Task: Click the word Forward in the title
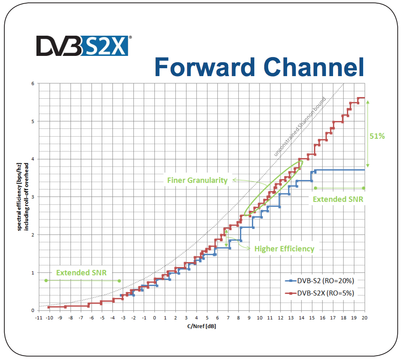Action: tap(205, 67)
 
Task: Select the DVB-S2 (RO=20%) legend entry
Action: tap(320, 281)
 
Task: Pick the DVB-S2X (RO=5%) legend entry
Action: tap(320, 293)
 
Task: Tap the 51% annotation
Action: tap(377, 136)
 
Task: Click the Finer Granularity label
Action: tap(197, 180)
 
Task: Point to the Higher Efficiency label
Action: tap(284, 249)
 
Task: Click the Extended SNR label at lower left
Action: tap(81, 272)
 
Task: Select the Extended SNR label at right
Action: tap(338, 199)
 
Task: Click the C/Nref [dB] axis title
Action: tap(202, 326)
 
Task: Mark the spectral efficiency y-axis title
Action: tap(23, 197)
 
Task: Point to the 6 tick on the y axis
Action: tap(33, 84)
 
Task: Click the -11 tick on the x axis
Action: tap(39, 318)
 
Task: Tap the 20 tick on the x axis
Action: tap(364, 318)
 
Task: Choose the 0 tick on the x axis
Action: tap(154, 318)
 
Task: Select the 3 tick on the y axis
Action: tap(33, 197)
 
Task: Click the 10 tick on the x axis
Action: tap(259, 318)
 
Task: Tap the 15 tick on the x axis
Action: tap(312, 318)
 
